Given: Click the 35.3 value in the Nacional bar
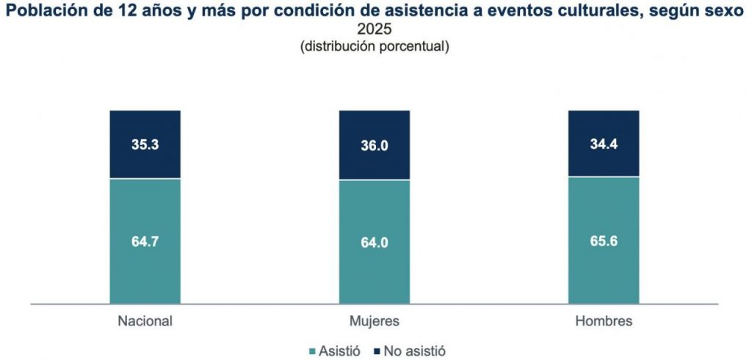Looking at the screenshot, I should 145,144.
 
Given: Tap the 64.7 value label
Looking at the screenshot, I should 145,240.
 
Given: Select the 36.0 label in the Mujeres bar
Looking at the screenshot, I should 374,145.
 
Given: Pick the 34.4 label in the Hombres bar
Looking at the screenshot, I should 604,143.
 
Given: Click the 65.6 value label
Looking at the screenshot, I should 604,240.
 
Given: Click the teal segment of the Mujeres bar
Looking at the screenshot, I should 374,272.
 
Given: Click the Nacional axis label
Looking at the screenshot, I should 145,322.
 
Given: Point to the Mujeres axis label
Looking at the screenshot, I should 374,322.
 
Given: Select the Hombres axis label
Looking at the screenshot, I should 604,322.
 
